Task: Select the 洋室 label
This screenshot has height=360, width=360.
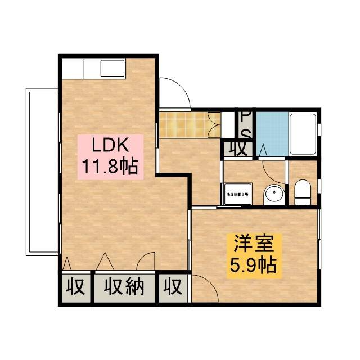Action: (253, 244)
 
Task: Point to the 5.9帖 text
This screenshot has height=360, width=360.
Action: (253, 265)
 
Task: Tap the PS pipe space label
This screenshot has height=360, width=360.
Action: (246, 124)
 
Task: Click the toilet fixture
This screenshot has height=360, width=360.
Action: (303, 192)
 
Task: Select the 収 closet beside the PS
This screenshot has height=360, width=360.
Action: (238, 149)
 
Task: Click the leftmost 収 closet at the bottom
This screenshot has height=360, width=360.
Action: (75, 287)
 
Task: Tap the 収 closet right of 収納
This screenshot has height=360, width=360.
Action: (173, 287)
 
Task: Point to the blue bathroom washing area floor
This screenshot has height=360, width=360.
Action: (272, 135)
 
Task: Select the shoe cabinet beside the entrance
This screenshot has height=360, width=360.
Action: (214, 124)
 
